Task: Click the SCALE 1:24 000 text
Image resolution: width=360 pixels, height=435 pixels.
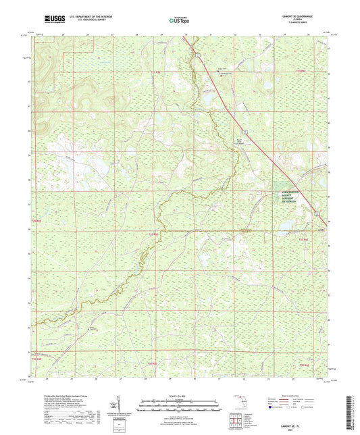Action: click(x=180, y=395)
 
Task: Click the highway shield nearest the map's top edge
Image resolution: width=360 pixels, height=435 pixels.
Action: click(x=199, y=53)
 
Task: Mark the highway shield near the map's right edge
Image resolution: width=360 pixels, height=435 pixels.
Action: click(x=316, y=213)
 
